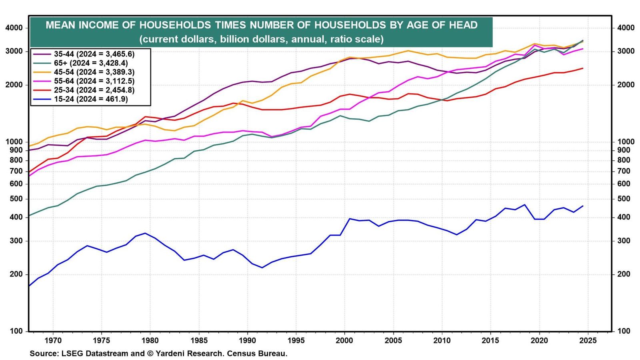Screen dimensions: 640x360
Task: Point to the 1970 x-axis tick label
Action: coord(53,340)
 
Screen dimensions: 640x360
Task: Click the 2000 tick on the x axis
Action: coord(345,340)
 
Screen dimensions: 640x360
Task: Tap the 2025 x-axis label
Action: coord(588,340)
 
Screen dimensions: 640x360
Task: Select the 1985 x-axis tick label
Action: coord(199,340)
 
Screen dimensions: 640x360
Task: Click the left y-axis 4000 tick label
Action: coord(14,28)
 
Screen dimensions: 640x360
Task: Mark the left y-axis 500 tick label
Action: coord(16,199)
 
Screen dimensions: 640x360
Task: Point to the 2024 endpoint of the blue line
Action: coord(583,206)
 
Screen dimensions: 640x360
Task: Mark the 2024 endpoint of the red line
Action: coord(583,68)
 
